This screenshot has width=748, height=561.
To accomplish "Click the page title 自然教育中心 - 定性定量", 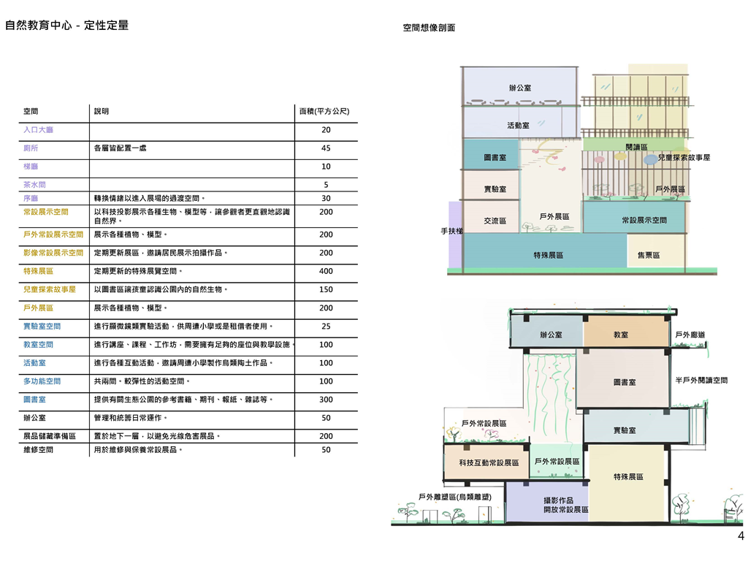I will tap(66, 25).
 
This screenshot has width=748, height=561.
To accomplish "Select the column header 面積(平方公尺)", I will tap(325, 112).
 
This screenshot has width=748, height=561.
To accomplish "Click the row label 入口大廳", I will tap(39, 130).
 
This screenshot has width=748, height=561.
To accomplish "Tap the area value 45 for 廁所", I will tap(326, 148).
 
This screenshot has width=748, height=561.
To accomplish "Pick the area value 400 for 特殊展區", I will tap(326, 271).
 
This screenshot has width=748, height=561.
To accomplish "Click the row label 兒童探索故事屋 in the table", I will tap(50, 290).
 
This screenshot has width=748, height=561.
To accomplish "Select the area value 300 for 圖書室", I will tap(326, 400).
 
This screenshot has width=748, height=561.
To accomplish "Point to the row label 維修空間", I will tap(39, 450).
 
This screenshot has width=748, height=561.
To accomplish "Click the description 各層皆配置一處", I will tap(121, 148).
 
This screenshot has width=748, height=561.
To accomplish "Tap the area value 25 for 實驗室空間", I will tap(326, 326).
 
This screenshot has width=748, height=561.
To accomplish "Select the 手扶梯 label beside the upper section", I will tap(451, 231).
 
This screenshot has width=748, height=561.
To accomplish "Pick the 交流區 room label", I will tap(495, 221).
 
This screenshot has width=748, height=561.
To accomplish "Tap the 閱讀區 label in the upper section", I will tap(636, 148).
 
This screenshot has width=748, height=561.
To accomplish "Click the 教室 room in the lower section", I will tap(622, 335).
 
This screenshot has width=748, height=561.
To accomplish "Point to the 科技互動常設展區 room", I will tap(489, 463).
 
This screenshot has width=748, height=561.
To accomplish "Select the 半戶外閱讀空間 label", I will tap(701, 381).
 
